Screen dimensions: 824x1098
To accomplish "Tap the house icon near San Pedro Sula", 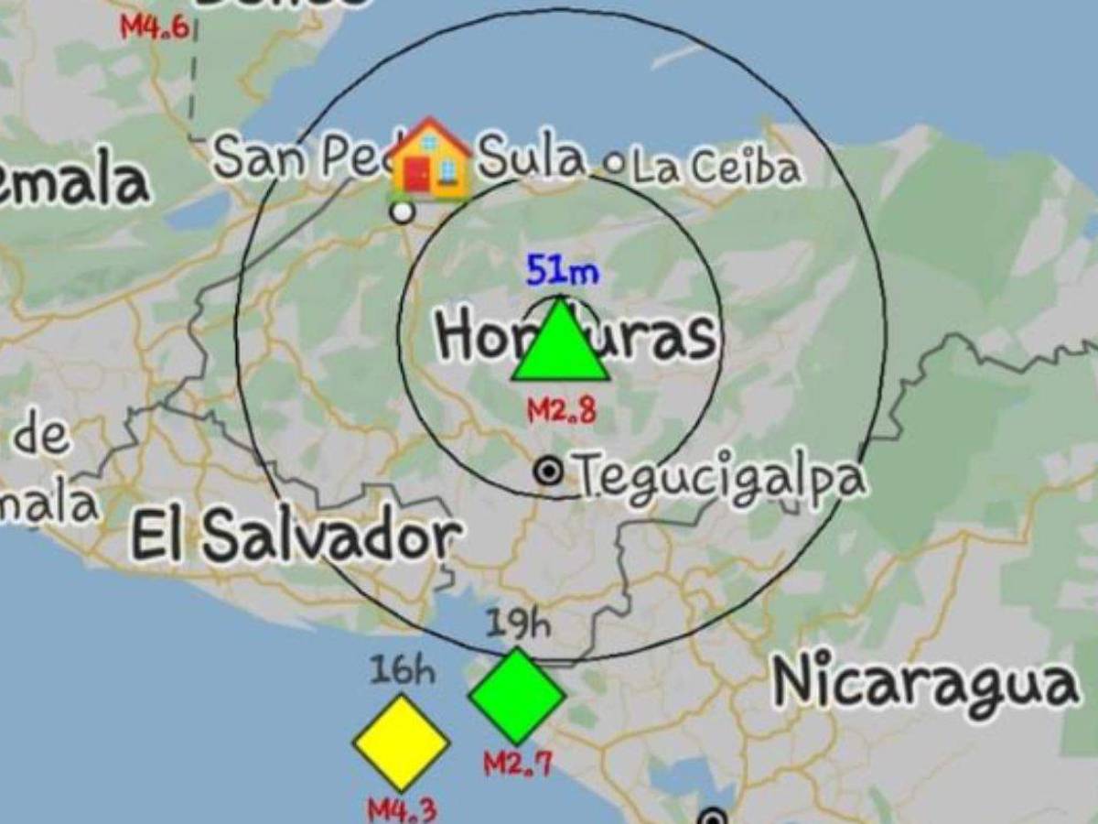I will [x=429, y=158].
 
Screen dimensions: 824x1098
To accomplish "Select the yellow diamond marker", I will [x=401, y=743].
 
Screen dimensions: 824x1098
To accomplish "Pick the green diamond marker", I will [x=517, y=696].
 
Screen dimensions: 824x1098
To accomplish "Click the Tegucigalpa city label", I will [x=719, y=478].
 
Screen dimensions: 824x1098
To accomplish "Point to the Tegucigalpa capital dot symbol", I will [x=549, y=472].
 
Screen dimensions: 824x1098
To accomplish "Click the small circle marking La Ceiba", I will [x=616, y=165].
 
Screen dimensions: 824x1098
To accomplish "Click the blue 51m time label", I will [x=562, y=271].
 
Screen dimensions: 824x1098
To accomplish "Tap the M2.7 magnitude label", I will [x=518, y=762].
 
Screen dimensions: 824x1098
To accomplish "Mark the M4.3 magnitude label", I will [x=402, y=809].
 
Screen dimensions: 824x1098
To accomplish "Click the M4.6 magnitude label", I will [x=155, y=27].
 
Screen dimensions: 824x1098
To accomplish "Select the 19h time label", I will [x=518, y=625].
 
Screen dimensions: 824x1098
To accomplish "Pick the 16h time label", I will [x=402, y=671].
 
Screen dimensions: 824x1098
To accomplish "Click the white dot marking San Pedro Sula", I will [x=402, y=212].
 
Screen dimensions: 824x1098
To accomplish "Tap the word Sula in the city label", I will [x=532, y=157].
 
